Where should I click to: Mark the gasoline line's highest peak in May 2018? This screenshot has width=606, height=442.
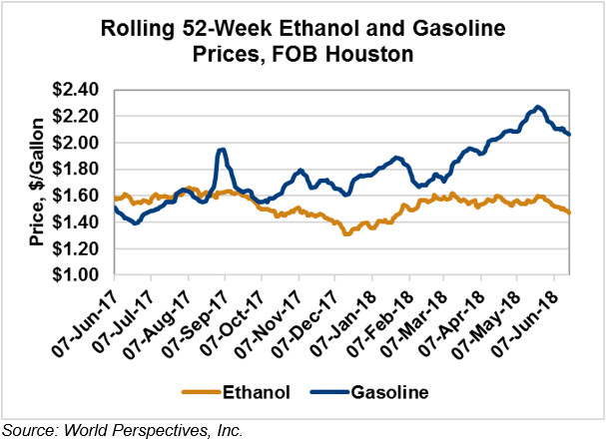tap(538, 106)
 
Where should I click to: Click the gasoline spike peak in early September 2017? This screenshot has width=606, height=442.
tap(222, 150)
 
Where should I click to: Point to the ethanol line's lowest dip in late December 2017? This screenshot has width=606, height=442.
tap(346, 232)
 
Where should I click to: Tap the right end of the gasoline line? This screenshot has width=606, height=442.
tap(569, 135)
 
